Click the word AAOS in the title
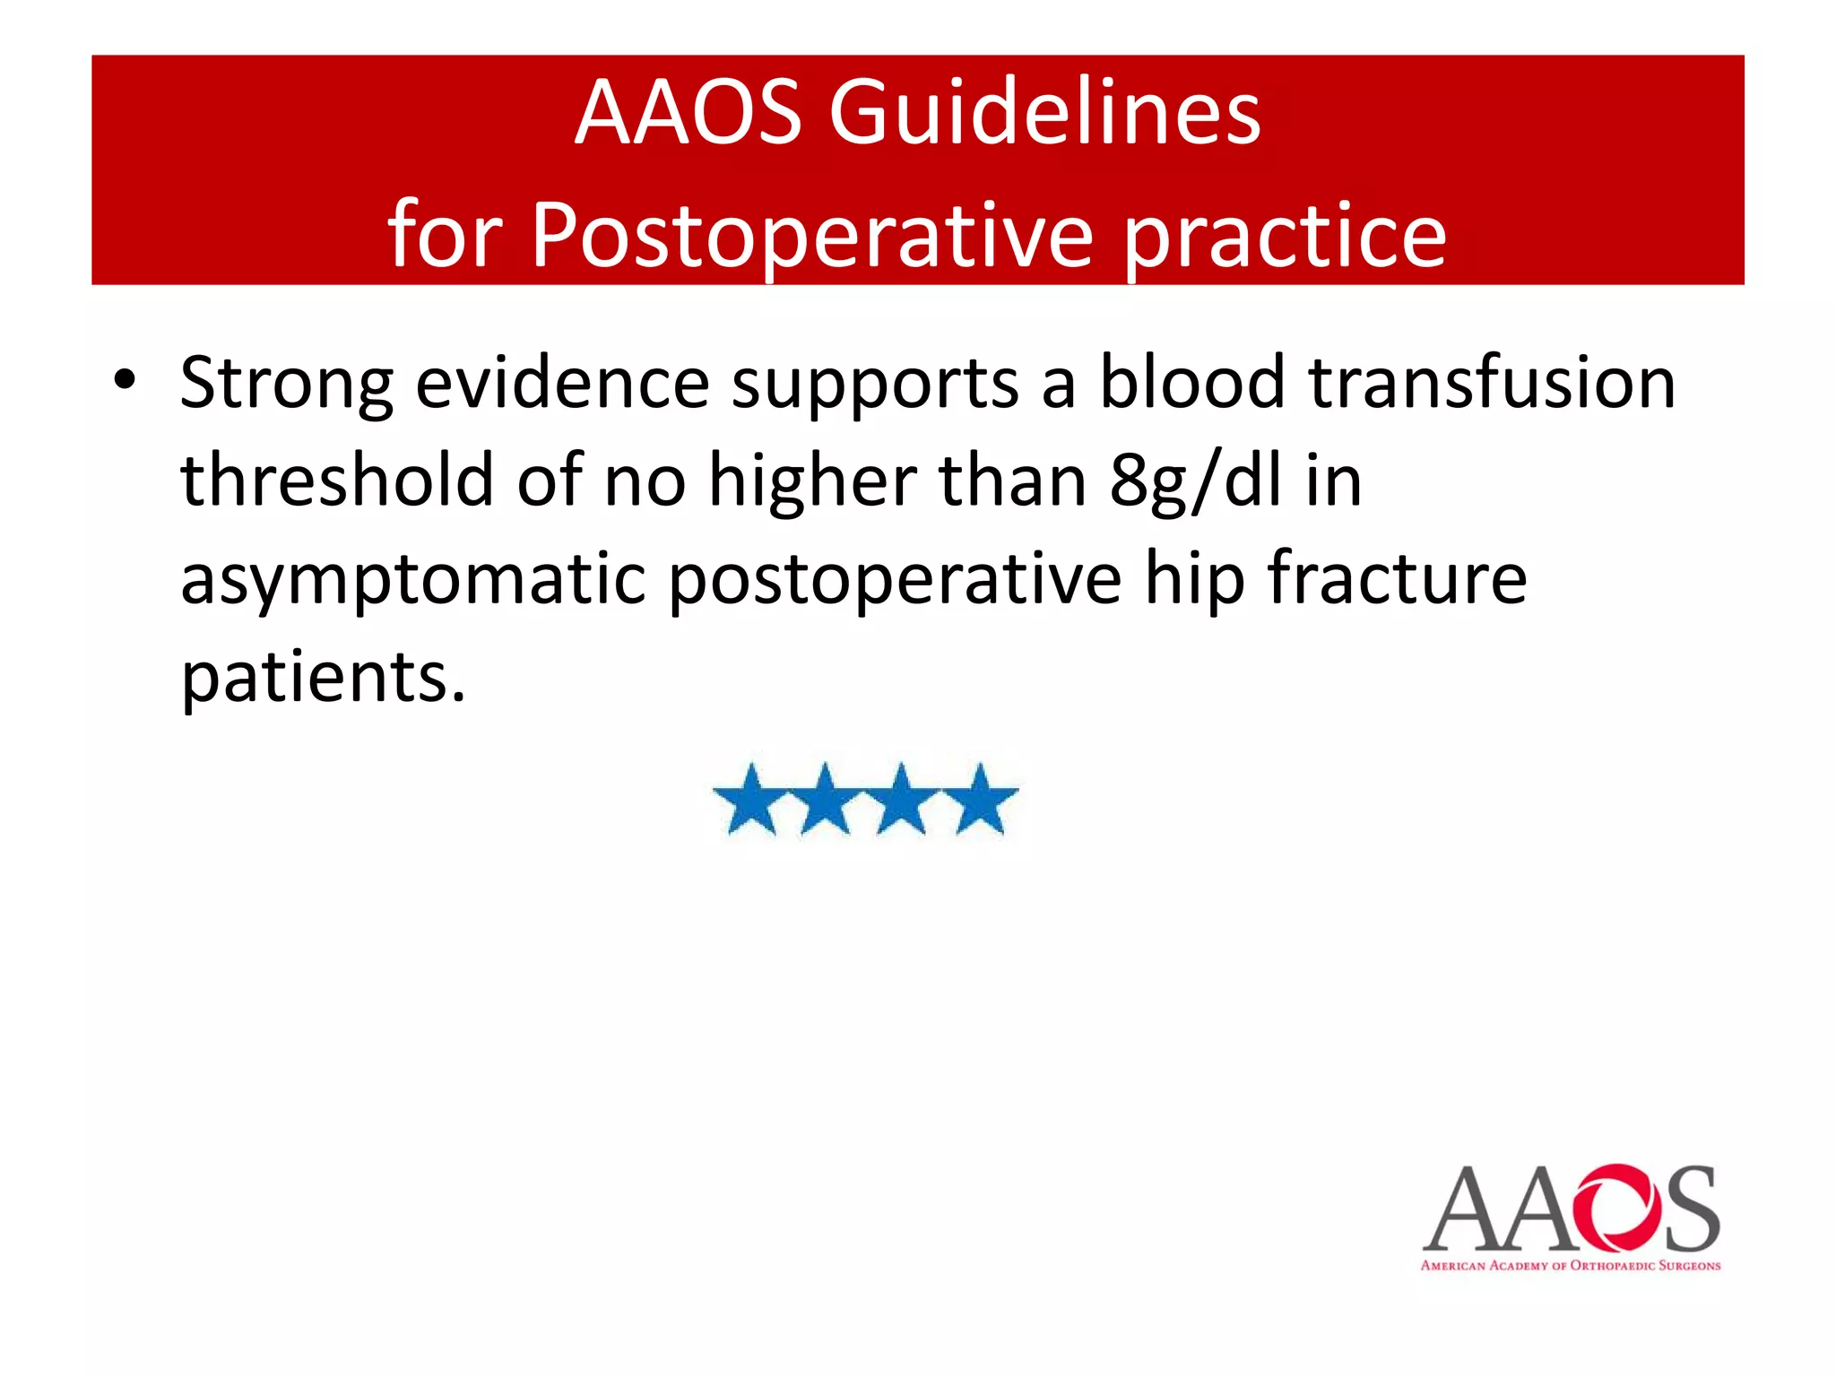coord(688,113)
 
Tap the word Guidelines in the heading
coord(1044,113)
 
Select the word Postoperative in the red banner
coord(812,235)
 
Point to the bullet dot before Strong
coord(125,380)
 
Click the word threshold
coord(337,481)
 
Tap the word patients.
coord(323,678)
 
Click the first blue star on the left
coord(750,800)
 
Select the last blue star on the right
coord(982,800)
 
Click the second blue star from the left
coord(826,800)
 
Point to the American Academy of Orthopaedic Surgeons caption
coord(1570,1266)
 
